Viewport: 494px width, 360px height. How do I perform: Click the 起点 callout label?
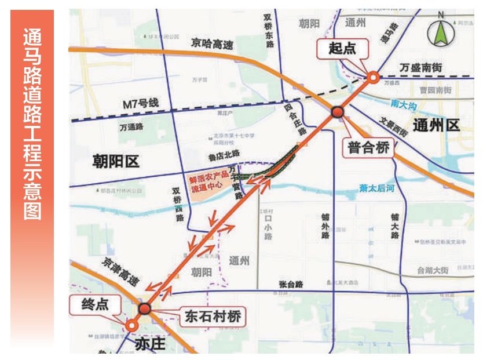[x=343, y=49]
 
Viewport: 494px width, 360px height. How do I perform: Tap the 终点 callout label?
[x=96, y=303]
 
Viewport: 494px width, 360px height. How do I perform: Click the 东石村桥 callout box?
[x=212, y=316]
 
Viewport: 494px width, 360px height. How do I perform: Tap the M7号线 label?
[x=141, y=104]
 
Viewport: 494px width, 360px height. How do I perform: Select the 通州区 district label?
[x=437, y=125]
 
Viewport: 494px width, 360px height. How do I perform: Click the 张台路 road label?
[x=291, y=285]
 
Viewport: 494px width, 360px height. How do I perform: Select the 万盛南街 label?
[x=425, y=68]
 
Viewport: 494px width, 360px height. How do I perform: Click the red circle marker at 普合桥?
[x=338, y=112]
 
